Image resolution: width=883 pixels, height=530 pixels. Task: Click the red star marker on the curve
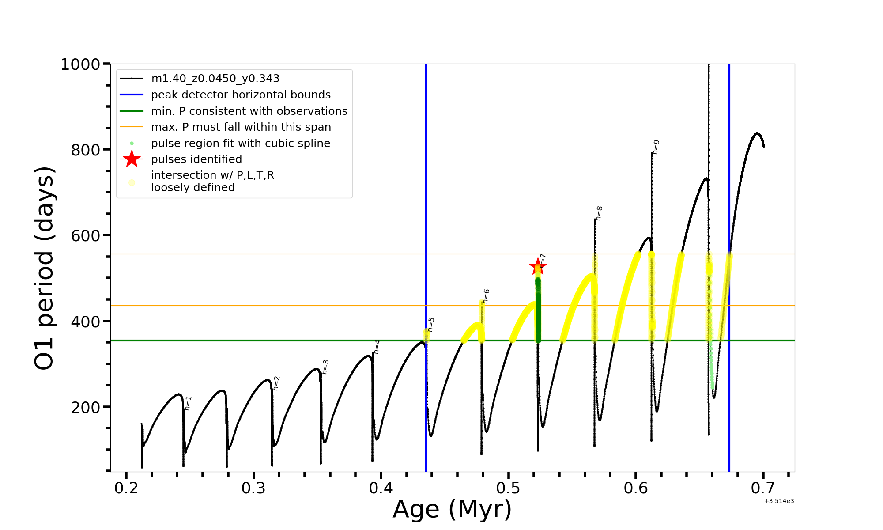coord(538,266)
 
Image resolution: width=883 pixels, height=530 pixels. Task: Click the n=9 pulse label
coord(656,147)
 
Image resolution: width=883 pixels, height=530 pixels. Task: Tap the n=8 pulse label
coord(599,213)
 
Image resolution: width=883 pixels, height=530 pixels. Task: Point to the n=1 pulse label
coord(189,403)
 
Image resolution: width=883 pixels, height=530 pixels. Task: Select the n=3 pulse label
coord(325,367)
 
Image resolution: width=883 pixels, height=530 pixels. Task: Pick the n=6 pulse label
coord(486,296)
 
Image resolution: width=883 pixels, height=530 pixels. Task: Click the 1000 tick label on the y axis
coord(80,64)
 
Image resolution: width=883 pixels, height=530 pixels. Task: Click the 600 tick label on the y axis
coord(86,236)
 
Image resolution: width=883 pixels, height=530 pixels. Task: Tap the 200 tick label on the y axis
coord(86,407)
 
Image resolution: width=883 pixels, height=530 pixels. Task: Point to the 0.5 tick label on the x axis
coord(509,488)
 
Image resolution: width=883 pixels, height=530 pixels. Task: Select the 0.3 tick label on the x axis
coord(253,488)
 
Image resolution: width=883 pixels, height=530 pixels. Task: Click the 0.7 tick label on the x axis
coord(763,488)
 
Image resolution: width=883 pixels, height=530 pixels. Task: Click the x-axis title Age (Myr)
coord(452,509)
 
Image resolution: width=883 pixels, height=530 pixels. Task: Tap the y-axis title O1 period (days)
coord(44,268)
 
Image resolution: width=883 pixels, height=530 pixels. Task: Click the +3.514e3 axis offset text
coord(779,501)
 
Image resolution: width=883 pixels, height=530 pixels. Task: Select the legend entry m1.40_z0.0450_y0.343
coord(215,79)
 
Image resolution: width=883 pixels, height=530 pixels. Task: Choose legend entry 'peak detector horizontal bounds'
coord(241,95)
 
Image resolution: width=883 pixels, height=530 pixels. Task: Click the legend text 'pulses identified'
coord(196,159)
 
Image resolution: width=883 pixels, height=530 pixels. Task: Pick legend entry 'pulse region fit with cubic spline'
coord(241,144)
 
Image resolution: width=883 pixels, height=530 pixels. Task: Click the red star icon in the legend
coord(132,159)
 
